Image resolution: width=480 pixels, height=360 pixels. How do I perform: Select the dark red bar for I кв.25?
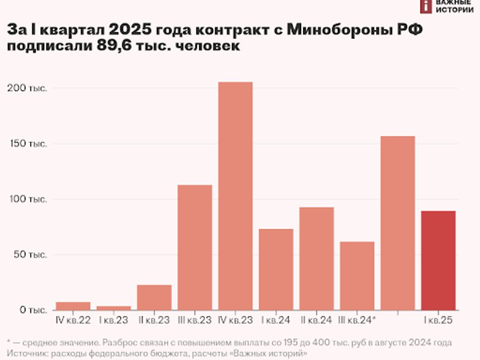pyautogui.click(x=438, y=260)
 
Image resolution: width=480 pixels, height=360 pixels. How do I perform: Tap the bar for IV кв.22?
pyautogui.click(x=73, y=306)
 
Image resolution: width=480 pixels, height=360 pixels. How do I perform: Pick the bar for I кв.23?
pyautogui.click(x=113, y=308)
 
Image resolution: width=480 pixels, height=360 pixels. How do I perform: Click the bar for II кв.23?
pyautogui.click(x=154, y=297)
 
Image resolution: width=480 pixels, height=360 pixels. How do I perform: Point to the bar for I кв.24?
pyautogui.click(x=276, y=269)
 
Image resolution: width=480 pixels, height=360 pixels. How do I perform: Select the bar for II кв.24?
pyautogui.click(x=316, y=258)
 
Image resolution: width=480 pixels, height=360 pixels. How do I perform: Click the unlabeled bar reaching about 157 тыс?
pyautogui.click(x=397, y=223)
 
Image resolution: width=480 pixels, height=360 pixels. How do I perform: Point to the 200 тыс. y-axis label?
pyautogui.click(x=27, y=88)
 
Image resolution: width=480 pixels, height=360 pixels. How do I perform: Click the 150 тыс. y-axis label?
pyautogui.click(x=27, y=144)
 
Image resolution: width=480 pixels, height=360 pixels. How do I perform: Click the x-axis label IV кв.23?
pyautogui.click(x=236, y=321)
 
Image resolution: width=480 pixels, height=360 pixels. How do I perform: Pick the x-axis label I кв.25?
pyautogui.click(x=439, y=321)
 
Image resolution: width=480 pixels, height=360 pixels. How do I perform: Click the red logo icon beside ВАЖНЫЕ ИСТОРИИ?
pyautogui.click(x=426, y=6)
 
